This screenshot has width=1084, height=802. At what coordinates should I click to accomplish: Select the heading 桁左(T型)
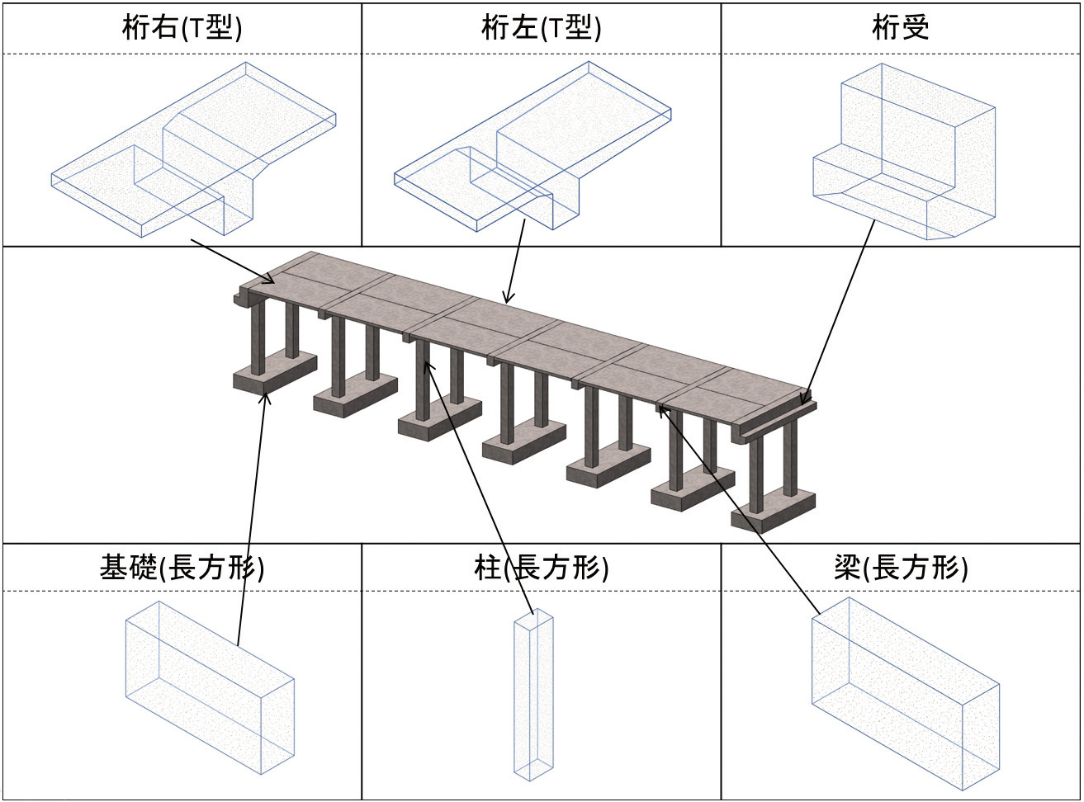tap(541, 29)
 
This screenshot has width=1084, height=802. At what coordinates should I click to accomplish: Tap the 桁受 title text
tap(900, 29)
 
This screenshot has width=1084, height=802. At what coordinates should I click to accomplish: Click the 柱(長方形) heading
tap(541, 568)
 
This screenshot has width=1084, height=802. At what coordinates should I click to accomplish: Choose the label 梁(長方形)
tap(900, 568)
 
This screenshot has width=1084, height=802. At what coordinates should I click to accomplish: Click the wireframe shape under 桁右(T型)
tap(195, 149)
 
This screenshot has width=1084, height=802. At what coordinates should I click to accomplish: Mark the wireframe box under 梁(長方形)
tap(905, 693)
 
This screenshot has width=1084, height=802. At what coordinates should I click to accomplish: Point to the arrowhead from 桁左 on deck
tap(508, 300)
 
